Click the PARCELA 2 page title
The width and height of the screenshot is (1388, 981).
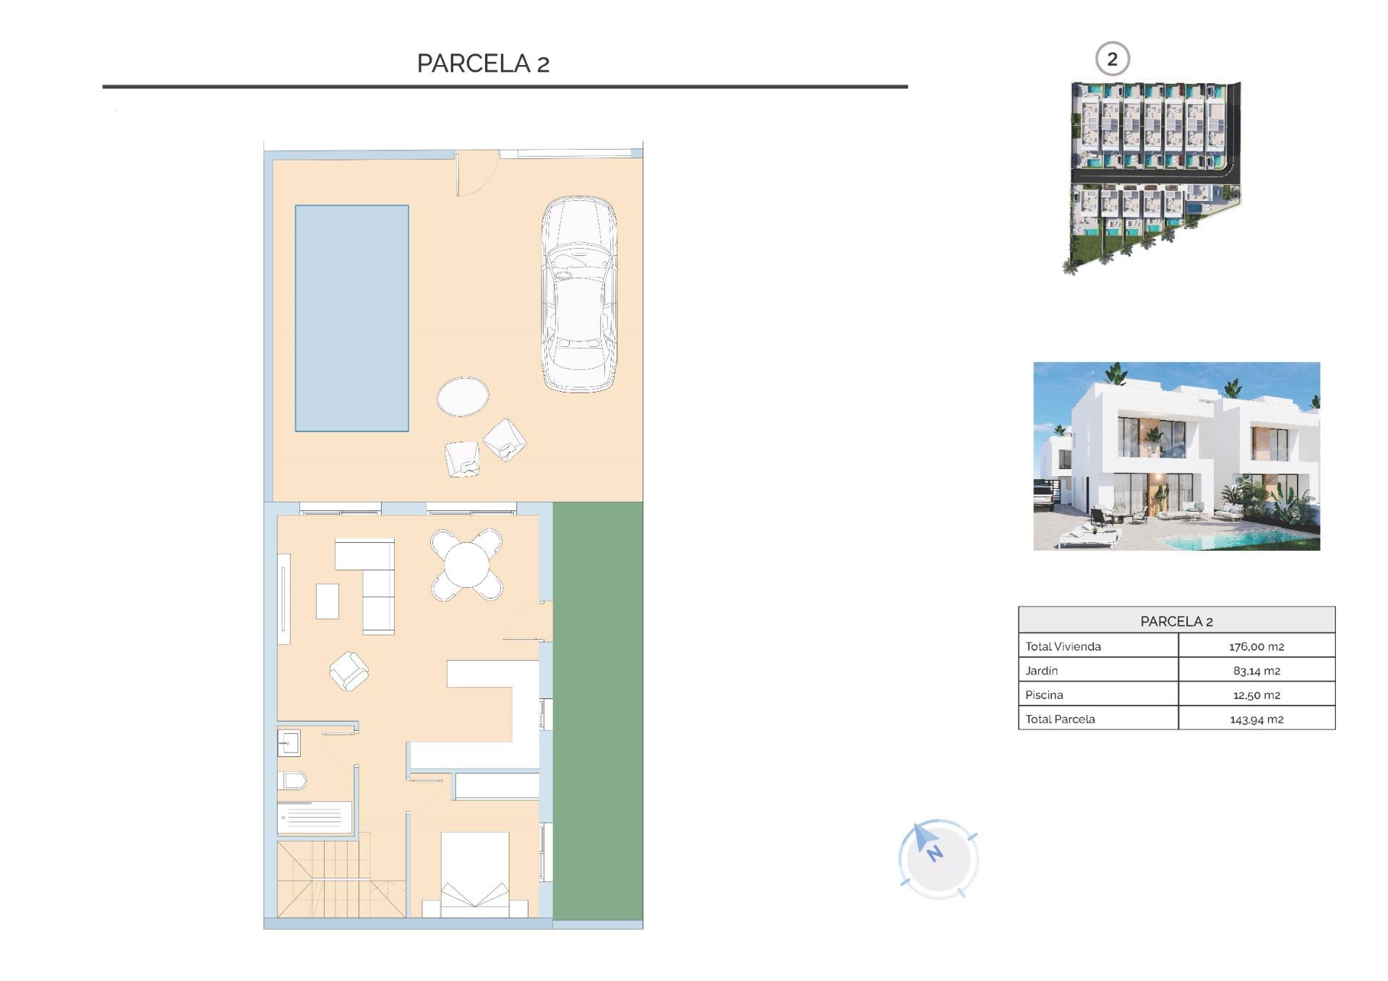coord(483,64)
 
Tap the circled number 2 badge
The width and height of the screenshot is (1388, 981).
coord(1112,59)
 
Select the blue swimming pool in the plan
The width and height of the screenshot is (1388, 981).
coord(351,318)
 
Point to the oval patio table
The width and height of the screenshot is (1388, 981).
coord(463,396)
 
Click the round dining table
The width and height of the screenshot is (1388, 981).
coord(466,565)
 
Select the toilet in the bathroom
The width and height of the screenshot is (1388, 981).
coord(292,781)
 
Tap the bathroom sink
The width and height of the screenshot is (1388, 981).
coord(288,742)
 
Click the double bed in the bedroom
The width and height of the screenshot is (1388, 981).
coord(474,875)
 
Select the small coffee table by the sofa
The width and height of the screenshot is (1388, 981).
coord(327,601)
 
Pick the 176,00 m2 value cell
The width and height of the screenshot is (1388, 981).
coord(1256,646)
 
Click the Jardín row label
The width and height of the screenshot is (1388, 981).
coord(1042,671)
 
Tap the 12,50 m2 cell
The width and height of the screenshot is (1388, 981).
coord(1256,695)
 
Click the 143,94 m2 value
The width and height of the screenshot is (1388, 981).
coord(1256,719)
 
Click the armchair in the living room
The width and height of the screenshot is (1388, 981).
coord(348,671)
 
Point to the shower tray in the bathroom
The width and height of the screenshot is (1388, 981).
coord(314,818)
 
